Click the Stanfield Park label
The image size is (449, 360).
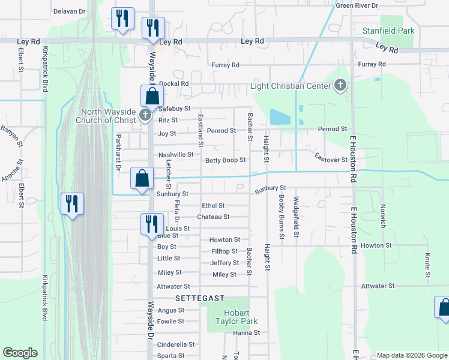(388, 31)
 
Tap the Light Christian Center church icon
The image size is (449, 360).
(341, 85)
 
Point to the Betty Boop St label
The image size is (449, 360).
(226, 160)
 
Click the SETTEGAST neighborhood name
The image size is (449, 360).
(200, 298)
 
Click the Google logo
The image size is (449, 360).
(20, 353)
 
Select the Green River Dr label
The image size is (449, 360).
(357, 5)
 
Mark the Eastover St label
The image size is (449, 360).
(331, 160)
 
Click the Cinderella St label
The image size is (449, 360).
(176, 345)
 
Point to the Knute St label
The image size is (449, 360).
(427, 266)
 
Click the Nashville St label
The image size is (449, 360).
(176, 155)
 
